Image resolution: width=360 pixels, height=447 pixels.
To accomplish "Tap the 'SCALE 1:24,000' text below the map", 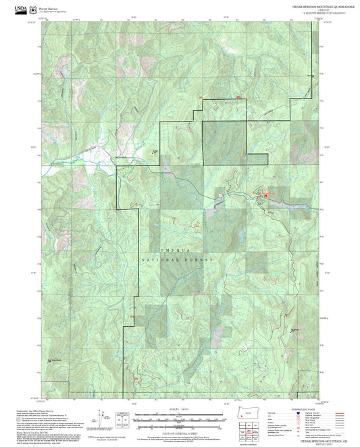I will click(180, 409).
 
